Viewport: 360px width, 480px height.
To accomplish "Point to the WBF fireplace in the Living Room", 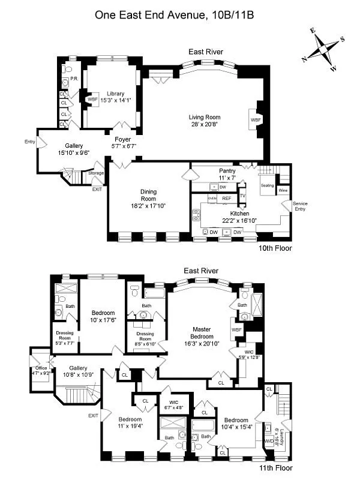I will tap(256, 120).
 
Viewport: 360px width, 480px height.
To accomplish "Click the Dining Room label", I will tap(148, 196).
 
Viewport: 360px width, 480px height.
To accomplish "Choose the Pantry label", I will tap(227, 171).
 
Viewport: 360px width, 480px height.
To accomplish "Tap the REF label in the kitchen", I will tap(227, 197).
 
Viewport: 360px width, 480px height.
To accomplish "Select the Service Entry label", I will tap(300, 207).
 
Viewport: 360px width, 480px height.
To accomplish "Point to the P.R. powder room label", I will tap(75, 79).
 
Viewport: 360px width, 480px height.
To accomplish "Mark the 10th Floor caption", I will tap(275, 247).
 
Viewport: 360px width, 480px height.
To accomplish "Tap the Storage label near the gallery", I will tap(96, 173).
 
